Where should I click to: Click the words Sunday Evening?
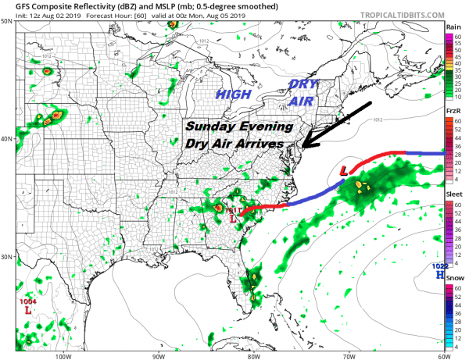pyautogui.click(x=239, y=127)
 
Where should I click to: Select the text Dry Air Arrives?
pyautogui.click(x=235, y=144)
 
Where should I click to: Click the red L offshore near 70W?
pyautogui.click(x=345, y=170)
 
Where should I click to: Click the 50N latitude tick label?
pyautogui.click(x=6, y=22)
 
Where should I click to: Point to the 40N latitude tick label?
pyautogui.click(x=6, y=139)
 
